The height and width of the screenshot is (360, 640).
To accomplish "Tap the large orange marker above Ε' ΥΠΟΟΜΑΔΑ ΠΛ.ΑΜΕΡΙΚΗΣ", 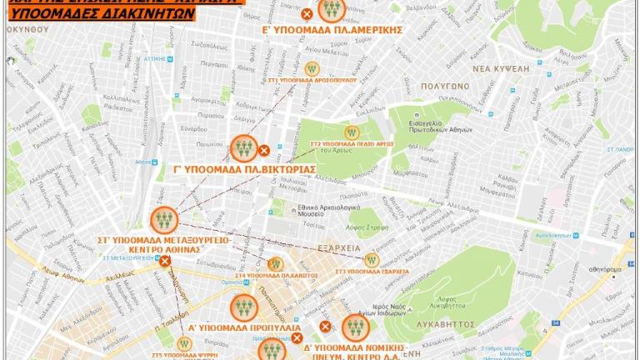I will (332, 9).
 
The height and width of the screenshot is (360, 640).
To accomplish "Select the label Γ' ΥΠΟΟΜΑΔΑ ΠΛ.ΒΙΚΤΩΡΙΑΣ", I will (244, 169).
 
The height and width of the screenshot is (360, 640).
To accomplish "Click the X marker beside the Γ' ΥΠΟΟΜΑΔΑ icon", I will (264, 151).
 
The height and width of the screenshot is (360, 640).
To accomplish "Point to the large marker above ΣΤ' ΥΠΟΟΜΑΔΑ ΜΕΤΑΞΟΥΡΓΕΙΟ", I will (164, 220).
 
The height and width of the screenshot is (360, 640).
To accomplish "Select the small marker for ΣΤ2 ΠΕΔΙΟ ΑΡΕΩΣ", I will (352, 132).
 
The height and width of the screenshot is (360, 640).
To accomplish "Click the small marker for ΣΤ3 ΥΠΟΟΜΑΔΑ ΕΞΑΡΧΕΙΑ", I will (372, 260).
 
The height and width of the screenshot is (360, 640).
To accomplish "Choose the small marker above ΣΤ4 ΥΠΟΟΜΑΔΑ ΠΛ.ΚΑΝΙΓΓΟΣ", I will (275, 263).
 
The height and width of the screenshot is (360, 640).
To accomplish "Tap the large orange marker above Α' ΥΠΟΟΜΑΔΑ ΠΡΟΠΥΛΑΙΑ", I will (244, 307).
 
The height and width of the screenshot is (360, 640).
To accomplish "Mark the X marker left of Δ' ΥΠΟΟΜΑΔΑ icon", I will (325, 327).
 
